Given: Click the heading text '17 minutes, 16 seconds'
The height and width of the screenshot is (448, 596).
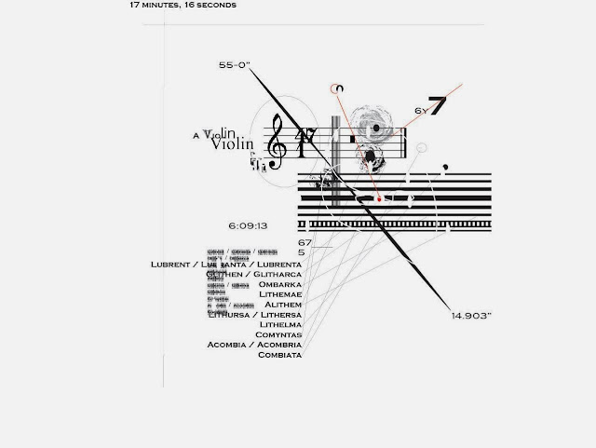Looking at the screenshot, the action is pyautogui.click(x=183, y=5).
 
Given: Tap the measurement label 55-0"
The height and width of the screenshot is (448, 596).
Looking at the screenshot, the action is pyautogui.click(x=234, y=66).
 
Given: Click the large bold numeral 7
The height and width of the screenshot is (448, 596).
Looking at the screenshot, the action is pyautogui.click(x=439, y=106).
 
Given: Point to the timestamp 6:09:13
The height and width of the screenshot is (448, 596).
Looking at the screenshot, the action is pyautogui.click(x=248, y=225).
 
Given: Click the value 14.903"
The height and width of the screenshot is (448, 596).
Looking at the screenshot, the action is pyautogui.click(x=471, y=317).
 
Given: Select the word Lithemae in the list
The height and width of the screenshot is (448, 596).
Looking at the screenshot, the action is pyautogui.click(x=280, y=293).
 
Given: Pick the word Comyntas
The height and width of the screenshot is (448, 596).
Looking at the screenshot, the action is pyautogui.click(x=279, y=334).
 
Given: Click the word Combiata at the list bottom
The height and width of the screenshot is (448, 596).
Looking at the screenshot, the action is pyautogui.click(x=279, y=355).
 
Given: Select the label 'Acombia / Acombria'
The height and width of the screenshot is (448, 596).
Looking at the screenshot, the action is pyautogui.click(x=254, y=345).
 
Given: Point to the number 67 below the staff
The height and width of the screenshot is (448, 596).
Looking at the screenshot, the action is pyautogui.click(x=305, y=243).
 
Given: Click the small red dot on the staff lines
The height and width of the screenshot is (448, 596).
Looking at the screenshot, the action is pyautogui.click(x=379, y=199).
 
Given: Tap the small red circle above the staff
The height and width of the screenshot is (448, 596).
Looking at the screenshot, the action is pyautogui.click(x=338, y=88).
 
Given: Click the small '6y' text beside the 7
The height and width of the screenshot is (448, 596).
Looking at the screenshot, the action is pyautogui.click(x=420, y=110).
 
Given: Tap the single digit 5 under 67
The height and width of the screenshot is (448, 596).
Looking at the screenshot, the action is pyautogui.click(x=302, y=252).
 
